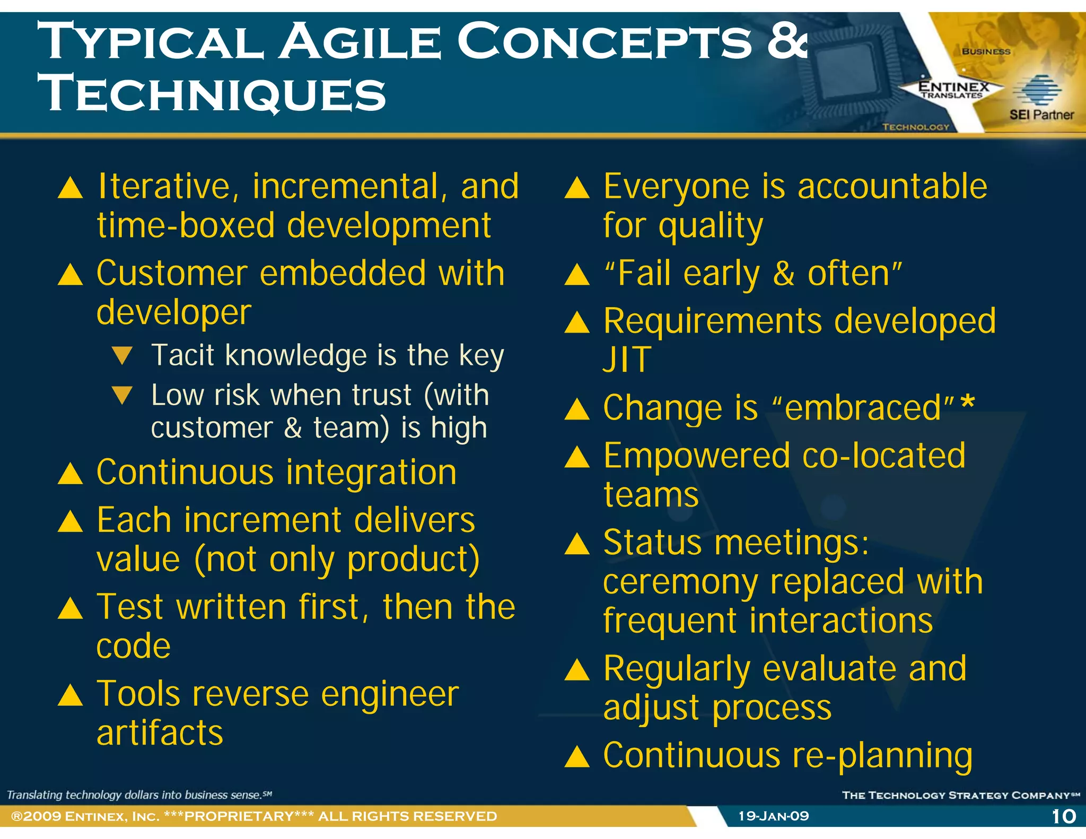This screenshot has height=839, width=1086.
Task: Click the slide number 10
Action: (1064, 816)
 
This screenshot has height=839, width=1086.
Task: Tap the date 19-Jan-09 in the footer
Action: (774, 816)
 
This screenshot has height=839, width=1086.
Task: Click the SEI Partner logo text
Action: (1041, 115)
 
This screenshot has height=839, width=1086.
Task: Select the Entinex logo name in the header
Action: (953, 86)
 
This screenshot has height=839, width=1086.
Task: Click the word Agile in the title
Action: (360, 42)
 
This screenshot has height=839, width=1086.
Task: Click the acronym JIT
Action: (627, 360)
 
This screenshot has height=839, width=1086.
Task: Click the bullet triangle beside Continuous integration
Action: (70, 474)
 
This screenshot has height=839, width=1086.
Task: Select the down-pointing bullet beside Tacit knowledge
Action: (122, 356)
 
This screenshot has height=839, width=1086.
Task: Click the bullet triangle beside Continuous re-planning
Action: (577, 757)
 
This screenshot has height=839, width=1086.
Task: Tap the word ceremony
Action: (680, 583)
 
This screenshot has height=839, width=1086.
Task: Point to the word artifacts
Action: (160, 733)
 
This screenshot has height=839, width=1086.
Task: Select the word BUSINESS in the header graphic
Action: (986, 51)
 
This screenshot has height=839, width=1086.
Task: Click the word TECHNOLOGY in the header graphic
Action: (916, 127)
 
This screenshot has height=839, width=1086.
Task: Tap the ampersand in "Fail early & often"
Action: (784, 274)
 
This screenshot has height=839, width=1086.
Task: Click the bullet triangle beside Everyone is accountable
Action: (577, 188)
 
